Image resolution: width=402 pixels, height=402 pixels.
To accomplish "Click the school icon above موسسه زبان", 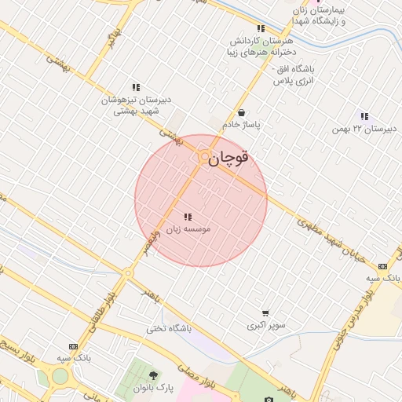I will click(x=187, y=217).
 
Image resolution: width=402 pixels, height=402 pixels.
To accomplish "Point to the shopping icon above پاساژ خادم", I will click(x=240, y=112).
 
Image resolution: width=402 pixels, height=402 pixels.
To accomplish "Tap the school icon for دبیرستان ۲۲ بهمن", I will click(x=364, y=116).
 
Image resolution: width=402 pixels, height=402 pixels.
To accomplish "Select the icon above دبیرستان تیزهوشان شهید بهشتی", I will click(x=136, y=87).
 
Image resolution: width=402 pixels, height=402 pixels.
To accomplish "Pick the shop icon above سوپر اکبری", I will click(x=265, y=312).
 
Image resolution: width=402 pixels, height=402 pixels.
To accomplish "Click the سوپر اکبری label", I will click(x=266, y=325).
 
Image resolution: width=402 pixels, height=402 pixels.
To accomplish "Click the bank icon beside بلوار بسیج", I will click(x=73, y=346).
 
